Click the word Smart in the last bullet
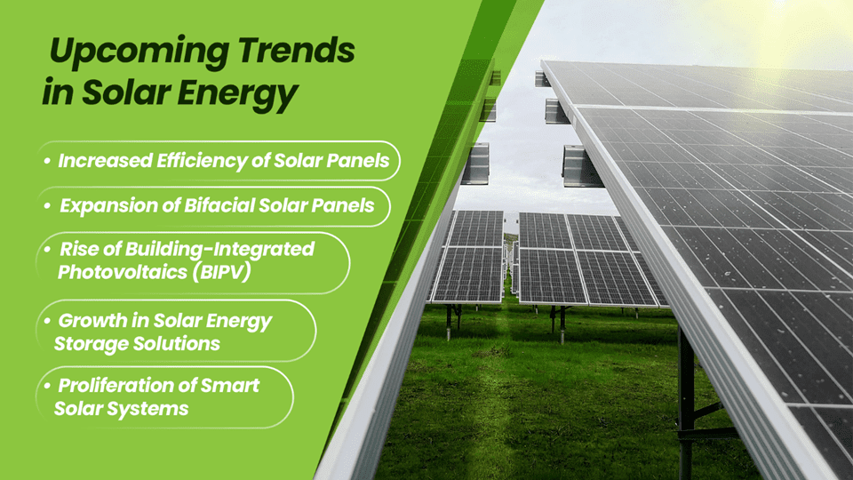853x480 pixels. (232, 385)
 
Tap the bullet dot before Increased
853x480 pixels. (46, 162)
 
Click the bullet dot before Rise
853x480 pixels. (46, 249)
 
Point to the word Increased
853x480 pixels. (95, 161)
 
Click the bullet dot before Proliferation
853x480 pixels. (46, 386)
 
